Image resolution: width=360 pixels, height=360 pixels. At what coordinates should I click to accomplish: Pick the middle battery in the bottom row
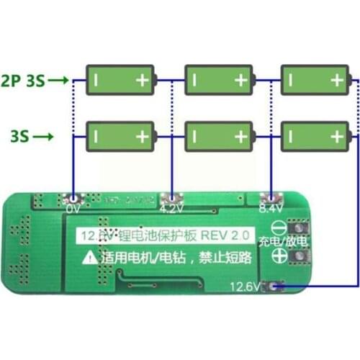pyautogui.click(x=219, y=135)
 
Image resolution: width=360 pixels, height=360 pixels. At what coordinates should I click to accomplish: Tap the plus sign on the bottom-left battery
pyautogui.click(x=143, y=135)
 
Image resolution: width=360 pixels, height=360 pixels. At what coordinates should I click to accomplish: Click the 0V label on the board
pyautogui.click(x=72, y=209)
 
